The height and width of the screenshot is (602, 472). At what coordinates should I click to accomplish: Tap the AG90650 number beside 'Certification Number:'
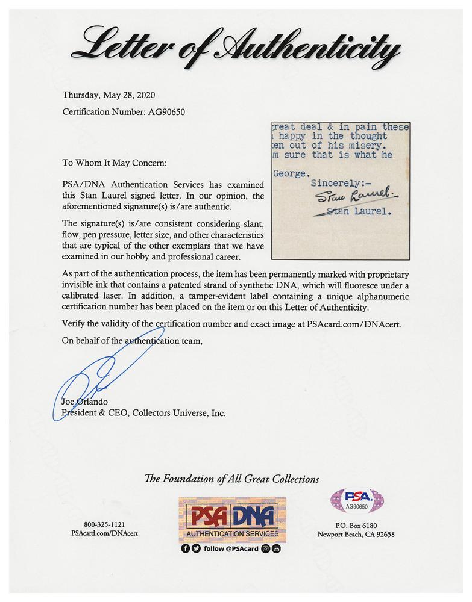click(x=166, y=111)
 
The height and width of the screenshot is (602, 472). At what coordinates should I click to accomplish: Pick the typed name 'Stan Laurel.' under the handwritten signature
click(x=360, y=212)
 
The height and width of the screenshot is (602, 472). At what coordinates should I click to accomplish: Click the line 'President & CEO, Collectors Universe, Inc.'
click(x=144, y=413)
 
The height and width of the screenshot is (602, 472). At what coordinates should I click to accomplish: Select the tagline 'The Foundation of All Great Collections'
click(x=232, y=479)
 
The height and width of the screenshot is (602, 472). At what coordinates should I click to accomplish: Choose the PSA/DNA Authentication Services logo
click(x=232, y=518)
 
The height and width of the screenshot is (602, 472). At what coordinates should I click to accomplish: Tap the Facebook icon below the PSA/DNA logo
click(x=185, y=548)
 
